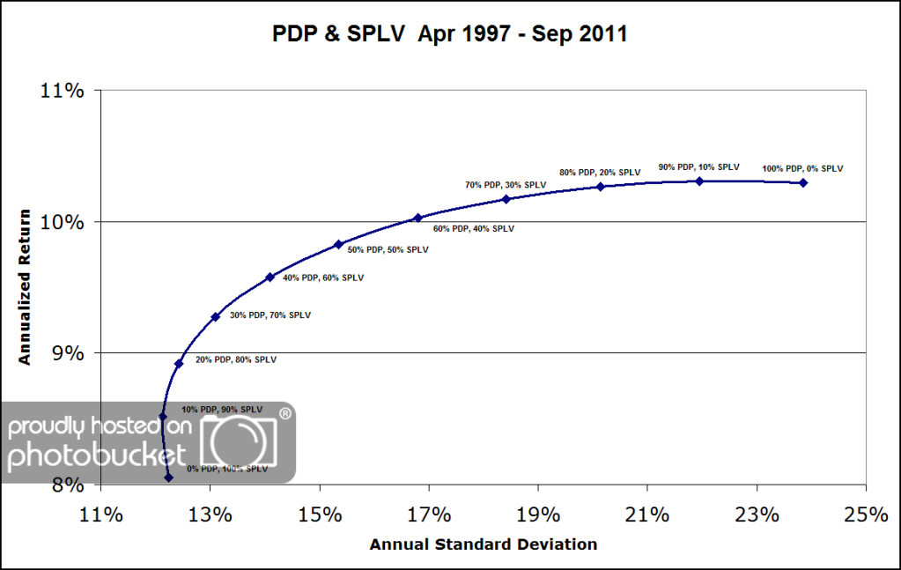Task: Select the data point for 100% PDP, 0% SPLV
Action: click(803, 182)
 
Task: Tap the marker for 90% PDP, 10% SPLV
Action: click(699, 181)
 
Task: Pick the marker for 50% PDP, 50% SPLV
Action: click(338, 244)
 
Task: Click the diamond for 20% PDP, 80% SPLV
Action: click(179, 363)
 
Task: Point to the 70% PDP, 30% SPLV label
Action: click(506, 185)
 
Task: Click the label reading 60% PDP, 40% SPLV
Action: click(474, 228)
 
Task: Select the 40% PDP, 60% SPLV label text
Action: click(322, 278)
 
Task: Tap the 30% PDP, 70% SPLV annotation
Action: click(270, 315)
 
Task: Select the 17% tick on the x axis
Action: click(429, 514)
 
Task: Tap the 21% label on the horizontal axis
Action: click(647, 514)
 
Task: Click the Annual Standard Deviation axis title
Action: click(484, 544)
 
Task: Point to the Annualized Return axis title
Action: click(26, 286)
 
